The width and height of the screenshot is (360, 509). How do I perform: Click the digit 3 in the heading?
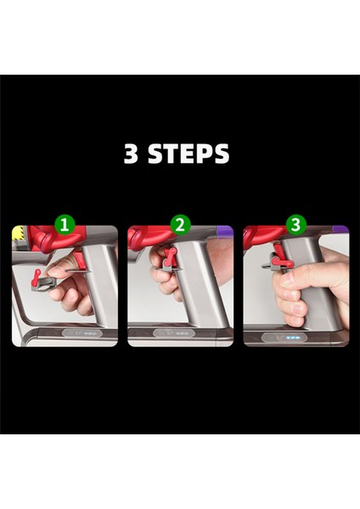tap(131, 153)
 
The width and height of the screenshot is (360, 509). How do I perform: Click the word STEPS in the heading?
tap(188, 154)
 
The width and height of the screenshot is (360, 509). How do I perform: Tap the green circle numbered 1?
tap(65, 224)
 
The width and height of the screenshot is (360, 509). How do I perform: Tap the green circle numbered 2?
tap(180, 224)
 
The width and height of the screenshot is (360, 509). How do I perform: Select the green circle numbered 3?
tap(295, 224)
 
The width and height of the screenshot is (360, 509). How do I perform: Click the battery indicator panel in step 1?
tap(82, 333)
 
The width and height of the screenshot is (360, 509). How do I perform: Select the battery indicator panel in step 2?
tap(174, 333)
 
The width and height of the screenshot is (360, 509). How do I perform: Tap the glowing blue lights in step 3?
tap(292, 338)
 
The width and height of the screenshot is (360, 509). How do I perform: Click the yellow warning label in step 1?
tap(20, 238)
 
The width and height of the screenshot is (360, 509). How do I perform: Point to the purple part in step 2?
tap(224, 232)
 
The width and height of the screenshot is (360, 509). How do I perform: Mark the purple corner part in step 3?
tap(340, 230)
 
